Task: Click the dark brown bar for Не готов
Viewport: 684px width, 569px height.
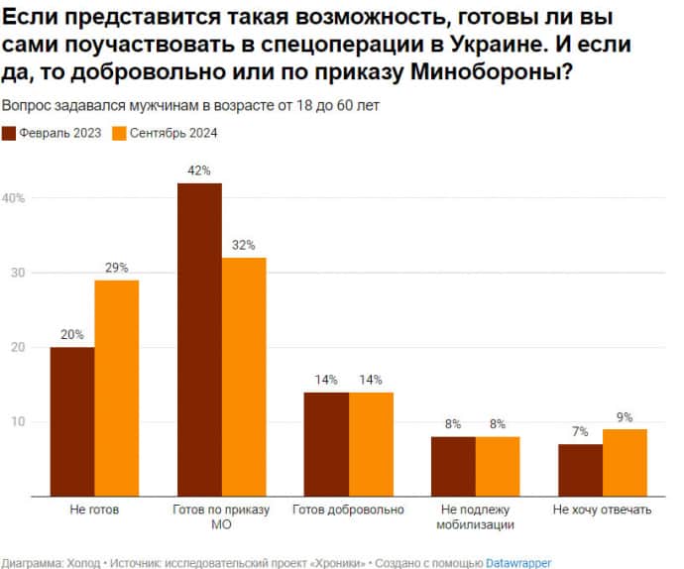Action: [72, 421]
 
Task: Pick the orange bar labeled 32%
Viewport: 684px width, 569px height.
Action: [244, 377]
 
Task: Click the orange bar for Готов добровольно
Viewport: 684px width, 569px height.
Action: [371, 444]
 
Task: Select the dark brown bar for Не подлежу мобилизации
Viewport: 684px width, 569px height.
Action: [453, 466]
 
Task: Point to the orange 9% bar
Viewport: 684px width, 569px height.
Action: [625, 462]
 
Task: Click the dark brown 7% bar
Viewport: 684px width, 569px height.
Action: [580, 470]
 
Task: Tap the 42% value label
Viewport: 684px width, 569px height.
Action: [199, 171]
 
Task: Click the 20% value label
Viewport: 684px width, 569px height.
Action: [72, 334]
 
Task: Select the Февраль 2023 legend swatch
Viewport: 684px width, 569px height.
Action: [9, 133]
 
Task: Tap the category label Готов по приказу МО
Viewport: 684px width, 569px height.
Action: [221, 517]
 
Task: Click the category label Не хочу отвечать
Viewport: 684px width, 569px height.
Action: [602, 510]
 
